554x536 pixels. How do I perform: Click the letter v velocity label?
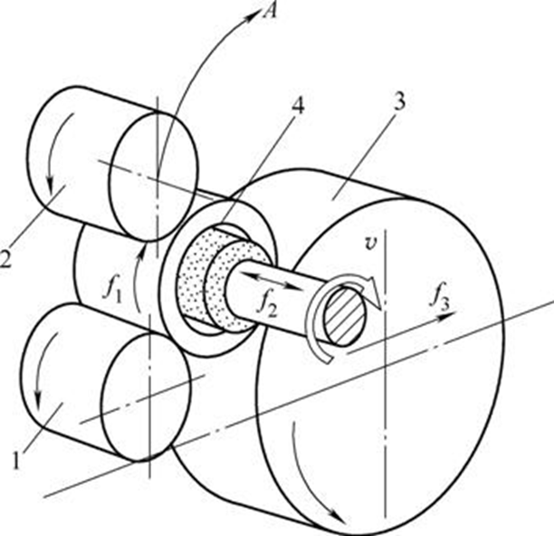tap(368, 242)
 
